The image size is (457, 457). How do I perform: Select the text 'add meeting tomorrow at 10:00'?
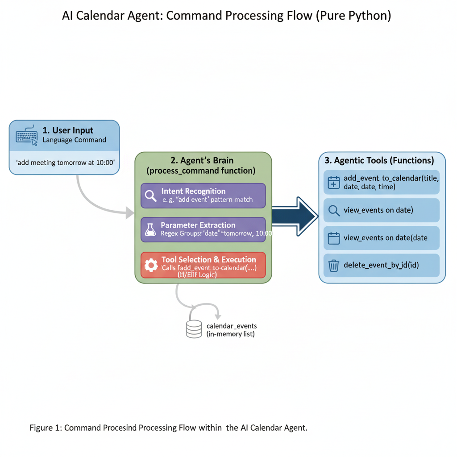point(65,162)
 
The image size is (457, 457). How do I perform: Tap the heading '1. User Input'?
point(68,130)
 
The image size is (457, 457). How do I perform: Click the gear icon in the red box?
point(151,265)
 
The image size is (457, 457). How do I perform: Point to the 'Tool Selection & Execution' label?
point(208,259)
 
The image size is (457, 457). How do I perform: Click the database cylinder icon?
point(194,328)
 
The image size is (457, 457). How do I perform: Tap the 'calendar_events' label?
point(232,326)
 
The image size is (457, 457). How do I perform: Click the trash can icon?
point(334,266)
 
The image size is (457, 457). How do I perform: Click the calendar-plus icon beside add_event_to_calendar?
point(334,182)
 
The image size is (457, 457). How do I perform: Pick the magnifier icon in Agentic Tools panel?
point(334,210)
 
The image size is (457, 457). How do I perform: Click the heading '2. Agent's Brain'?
point(202,160)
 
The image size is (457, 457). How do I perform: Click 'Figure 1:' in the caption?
point(46,428)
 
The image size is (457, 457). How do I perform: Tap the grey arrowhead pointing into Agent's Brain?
point(130,213)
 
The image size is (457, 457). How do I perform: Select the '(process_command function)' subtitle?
point(201,170)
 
